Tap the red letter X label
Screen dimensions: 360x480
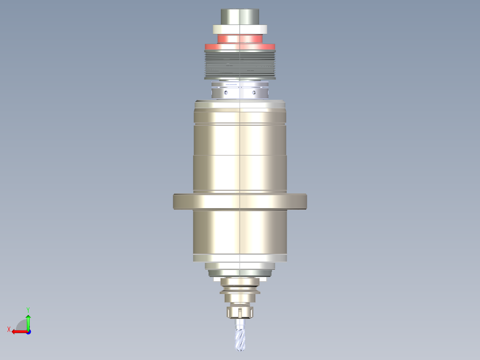tap(8, 329)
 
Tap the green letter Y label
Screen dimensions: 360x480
tap(28, 309)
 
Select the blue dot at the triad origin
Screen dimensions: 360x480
tap(28, 331)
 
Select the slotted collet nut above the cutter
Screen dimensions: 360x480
tap(240, 311)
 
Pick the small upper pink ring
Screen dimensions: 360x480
tap(240, 39)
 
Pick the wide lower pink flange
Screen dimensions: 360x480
tap(240, 47)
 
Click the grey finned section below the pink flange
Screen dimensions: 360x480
tap(240, 65)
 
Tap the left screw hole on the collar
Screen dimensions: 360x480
tap(226, 93)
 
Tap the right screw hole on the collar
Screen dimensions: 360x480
tap(254, 93)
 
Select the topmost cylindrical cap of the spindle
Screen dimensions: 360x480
tap(240, 17)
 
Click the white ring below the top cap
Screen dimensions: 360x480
tap(240, 29)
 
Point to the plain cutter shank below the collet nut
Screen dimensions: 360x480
tap(240, 323)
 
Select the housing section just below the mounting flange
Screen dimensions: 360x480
tap(240, 232)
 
